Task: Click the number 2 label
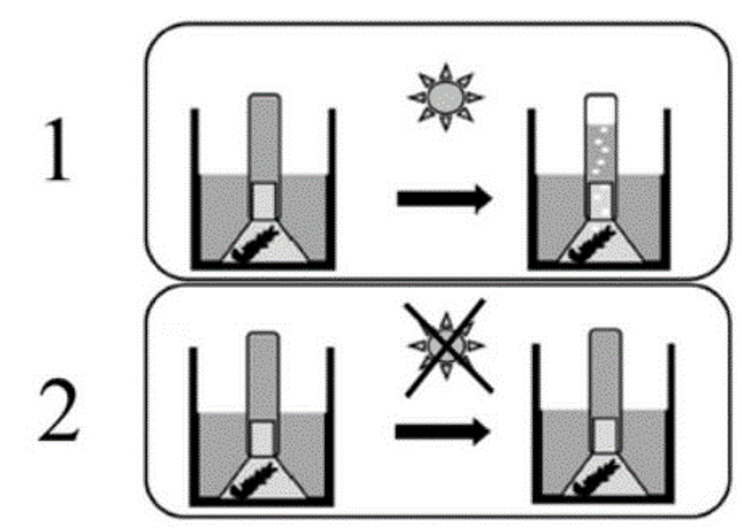pyautogui.click(x=59, y=410)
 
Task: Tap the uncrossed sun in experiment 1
pyautogui.click(x=445, y=97)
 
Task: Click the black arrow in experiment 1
pyautogui.click(x=445, y=199)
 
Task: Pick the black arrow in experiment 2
pyautogui.click(x=443, y=431)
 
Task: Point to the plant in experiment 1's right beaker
pyautogui.click(x=591, y=244)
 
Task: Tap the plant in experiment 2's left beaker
pyautogui.click(x=254, y=481)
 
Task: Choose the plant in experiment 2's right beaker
pyautogui.click(x=597, y=479)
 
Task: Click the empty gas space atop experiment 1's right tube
pyautogui.click(x=601, y=110)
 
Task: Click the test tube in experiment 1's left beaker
pyautogui.click(x=265, y=156)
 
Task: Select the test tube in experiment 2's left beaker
pyautogui.click(x=263, y=393)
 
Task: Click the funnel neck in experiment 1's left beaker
pyautogui.click(x=264, y=201)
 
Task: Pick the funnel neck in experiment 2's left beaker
pyautogui.click(x=262, y=439)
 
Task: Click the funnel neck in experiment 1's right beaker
pyautogui.click(x=601, y=201)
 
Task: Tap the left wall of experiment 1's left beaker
pyautogui.click(x=195, y=189)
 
